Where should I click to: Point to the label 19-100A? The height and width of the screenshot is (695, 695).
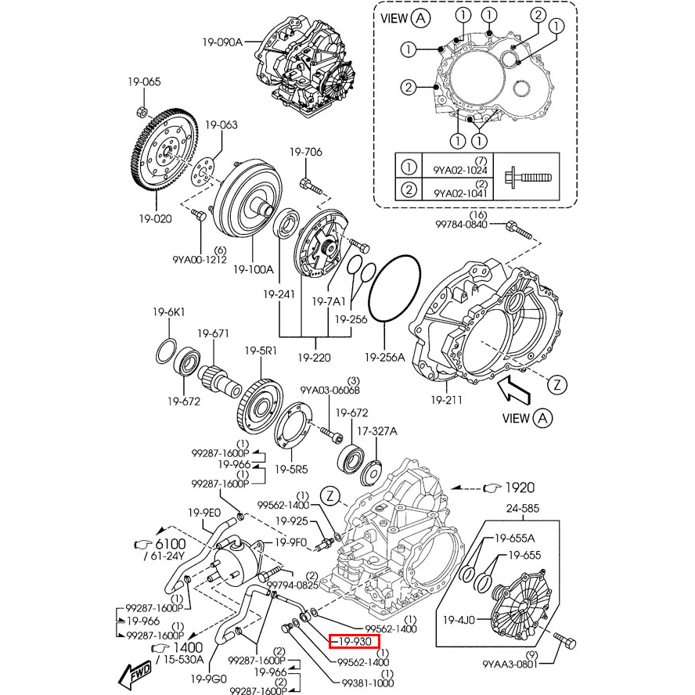(x=253, y=269)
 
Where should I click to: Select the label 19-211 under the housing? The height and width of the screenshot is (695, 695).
(x=446, y=400)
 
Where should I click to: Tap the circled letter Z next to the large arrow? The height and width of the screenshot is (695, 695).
(x=556, y=384)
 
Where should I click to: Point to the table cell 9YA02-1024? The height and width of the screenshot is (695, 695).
(x=460, y=170)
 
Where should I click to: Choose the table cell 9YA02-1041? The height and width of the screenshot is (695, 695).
(x=460, y=192)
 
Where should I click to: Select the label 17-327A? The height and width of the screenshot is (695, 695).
(x=377, y=430)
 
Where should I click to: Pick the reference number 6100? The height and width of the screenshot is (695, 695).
(x=170, y=544)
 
